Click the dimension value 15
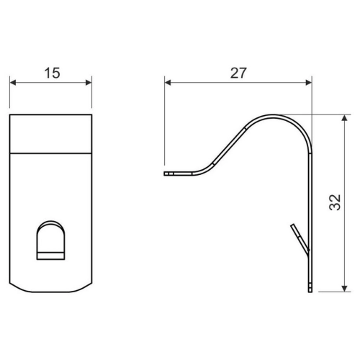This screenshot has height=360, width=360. click(x=52, y=73)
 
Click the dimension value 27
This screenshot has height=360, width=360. click(x=238, y=73)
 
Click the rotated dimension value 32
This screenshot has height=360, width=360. click(x=335, y=202)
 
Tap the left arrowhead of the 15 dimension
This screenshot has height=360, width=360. click(x=13, y=83)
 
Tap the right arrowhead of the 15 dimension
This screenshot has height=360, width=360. click(x=89, y=83)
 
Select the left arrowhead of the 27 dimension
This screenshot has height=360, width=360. click(x=168, y=83)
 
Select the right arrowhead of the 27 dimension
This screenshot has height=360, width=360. click(x=309, y=83)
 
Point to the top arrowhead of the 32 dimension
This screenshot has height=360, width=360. click(x=344, y=118)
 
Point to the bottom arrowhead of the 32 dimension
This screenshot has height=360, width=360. click(x=344, y=289)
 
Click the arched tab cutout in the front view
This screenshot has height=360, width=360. click(x=50, y=240)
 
